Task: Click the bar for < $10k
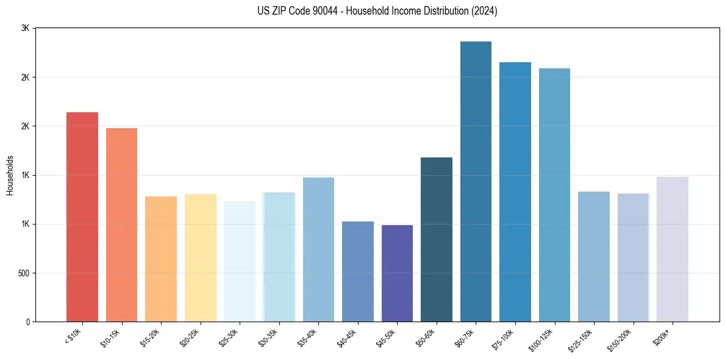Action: coord(82,217)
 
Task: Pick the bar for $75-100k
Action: coord(515,192)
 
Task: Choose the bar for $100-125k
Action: coord(554,195)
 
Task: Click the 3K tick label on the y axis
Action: coord(25,29)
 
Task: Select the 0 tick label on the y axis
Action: coord(28,322)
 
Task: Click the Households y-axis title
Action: coord(10,175)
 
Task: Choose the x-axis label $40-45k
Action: coord(346,337)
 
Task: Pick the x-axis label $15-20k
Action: coord(149,337)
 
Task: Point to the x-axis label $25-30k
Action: coord(228,337)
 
